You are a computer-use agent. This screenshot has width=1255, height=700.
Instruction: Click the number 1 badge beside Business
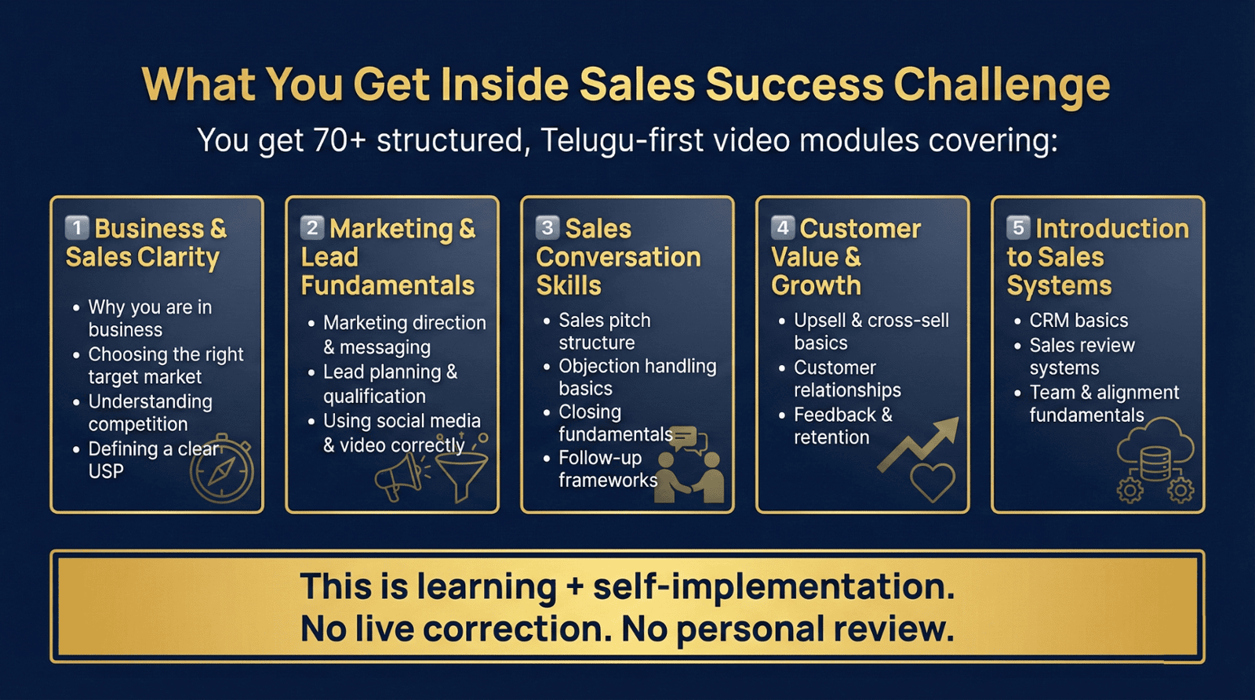point(77,228)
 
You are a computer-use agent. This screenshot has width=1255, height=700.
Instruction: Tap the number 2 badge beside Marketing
point(312,228)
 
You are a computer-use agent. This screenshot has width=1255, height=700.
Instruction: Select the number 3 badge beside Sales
point(547,228)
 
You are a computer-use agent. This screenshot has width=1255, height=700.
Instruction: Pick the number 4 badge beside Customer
point(783,228)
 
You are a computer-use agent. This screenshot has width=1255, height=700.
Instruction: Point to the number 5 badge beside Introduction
point(1018,228)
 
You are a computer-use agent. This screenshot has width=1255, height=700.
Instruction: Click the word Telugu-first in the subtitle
point(621,140)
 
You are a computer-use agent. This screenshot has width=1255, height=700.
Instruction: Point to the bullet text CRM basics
point(1079,321)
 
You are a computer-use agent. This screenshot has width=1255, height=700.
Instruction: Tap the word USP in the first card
point(106,472)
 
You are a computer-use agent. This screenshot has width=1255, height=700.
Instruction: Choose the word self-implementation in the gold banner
point(773,587)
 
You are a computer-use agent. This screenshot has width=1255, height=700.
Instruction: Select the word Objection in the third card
point(597,367)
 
